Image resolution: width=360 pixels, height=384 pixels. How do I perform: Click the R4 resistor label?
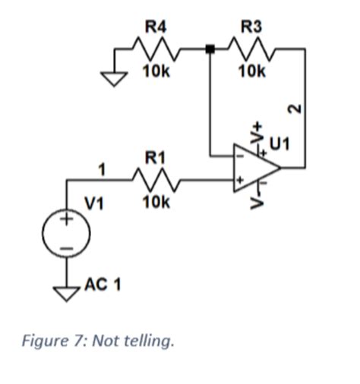tap(156, 27)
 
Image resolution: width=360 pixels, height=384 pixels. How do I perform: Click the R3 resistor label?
tap(251, 27)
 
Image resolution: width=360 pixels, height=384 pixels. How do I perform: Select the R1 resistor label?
tap(155, 158)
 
